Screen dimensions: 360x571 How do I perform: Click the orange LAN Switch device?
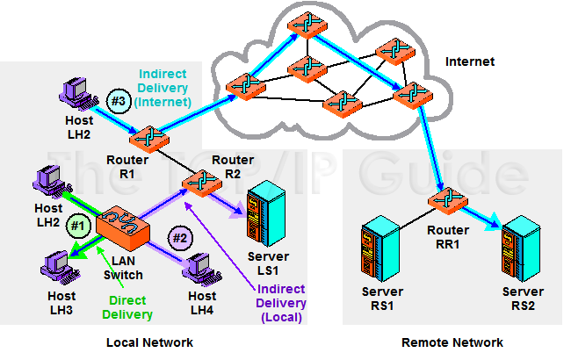pyautogui.click(x=122, y=226)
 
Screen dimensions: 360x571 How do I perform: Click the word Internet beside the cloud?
pyautogui.click(x=470, y=62)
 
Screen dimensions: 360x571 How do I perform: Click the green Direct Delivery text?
pyautogui.click(x=126, y=307)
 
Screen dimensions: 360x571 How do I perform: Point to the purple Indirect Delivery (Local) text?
pyautogui.click(x=282, y=303)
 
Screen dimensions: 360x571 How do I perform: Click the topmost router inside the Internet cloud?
pyautogui.click(x=305, y=26)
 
